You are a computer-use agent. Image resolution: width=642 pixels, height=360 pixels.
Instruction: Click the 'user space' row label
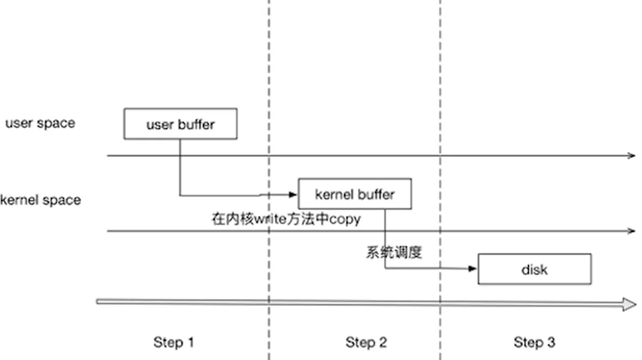pyautogui.click(x=41, y=123)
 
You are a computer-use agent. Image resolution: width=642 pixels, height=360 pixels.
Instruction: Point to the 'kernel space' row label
pyautogui.click(x=41, y=200)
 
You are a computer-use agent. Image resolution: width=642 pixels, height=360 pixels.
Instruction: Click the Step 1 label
pyautogui.click(x=174, y=342)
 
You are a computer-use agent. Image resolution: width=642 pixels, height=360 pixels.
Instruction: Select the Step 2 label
pyautogui.click(x=366, y=342)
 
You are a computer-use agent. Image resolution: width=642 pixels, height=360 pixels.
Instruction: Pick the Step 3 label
pyautogui.click(x=534, y=342)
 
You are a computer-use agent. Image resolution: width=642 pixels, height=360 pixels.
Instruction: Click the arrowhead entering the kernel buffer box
pyautogui.click(x=293, y=195)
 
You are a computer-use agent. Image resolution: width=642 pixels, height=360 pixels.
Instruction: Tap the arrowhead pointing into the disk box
pyautogui.click(x=472, y=269)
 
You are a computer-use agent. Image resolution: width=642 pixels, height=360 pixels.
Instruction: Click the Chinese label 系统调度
pyautogui.click(x=394, y=253)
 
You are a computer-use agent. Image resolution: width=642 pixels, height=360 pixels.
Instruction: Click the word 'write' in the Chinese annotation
pyautogui.click(x=270, y=219)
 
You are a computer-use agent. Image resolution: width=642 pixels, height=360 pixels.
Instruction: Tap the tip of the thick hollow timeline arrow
pyautogui.click(x=636, y=304)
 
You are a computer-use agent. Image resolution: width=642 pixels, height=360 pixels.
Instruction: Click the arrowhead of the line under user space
pyautogui.click(x=632, y=155)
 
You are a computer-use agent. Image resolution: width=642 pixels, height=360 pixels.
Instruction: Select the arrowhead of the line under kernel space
pyautogui.click(x=632, y=231)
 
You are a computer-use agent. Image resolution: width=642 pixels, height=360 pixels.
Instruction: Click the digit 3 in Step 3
pyautogui.click(x=551, y=342)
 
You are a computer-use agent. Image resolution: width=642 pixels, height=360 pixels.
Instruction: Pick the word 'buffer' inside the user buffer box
pyautogui.click(x=196, y=124)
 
